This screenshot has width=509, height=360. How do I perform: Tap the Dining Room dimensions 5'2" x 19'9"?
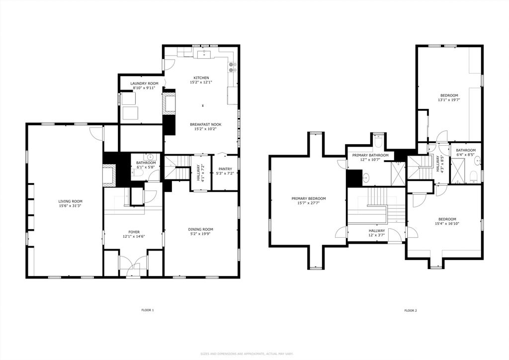[x=201, y=233]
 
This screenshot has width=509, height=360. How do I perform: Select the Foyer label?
[x=134, y=232]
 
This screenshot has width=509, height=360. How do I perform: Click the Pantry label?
[x=225, y=169]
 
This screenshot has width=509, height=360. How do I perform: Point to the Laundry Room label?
[x=145, y=84]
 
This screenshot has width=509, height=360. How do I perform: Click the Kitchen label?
[x=201, y=78]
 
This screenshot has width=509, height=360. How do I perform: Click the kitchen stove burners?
[x=232, y=67]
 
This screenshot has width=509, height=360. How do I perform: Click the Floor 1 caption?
[x=147, y=310]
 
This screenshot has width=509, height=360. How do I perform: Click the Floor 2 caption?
[x=411, y=311]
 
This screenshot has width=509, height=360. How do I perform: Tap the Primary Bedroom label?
[x=308, y=199]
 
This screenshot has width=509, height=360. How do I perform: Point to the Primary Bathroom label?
[x=370, y=155]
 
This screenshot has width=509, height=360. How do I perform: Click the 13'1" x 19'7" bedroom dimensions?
[x=449, y=100]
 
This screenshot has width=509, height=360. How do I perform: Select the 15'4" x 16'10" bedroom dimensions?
[x=447, y=223]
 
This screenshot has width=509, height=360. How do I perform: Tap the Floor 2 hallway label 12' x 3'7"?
[x=377, y=235]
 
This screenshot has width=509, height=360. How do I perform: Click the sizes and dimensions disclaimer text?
[x=247, y=354]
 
